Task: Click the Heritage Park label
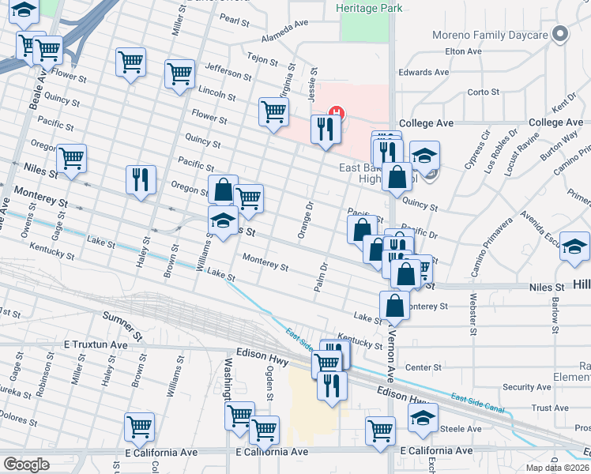coord(368,8)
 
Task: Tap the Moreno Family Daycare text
coord(490,36)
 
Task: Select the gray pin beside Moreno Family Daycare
coord(560,34)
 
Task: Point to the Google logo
coord(27,465)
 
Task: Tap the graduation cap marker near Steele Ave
coord(423,417)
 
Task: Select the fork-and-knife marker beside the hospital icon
coord(326,129)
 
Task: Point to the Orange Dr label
coord(305,220)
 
